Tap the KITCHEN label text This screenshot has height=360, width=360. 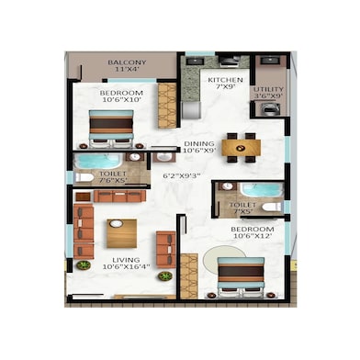[225, 81]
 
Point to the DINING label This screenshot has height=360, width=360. [200, 142]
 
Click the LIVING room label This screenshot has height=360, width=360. [126, 260]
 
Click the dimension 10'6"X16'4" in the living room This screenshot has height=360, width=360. [127, 270]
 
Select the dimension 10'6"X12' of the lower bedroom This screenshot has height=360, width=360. [252, 237]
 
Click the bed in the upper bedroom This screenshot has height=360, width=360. [111, 128]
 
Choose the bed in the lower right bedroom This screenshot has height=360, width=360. [241, 276]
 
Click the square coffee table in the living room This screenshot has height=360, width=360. [121, 235]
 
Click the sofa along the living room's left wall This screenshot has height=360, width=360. [83, 234]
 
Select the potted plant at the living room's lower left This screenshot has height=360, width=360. [83, 265]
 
